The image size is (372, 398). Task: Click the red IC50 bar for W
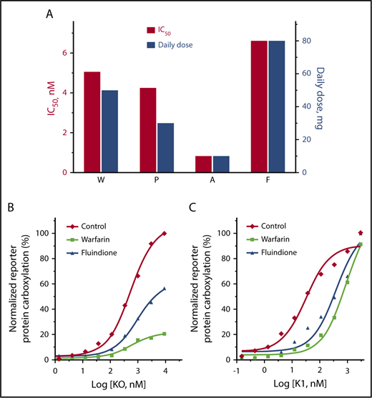click(92, 121)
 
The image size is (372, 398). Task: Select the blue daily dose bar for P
click(165, 147)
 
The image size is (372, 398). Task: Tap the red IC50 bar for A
click(204, 164)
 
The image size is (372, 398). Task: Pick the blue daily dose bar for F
click(276, 106)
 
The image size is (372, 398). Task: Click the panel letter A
click(49, 14)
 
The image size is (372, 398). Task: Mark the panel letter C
click(192, 208)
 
